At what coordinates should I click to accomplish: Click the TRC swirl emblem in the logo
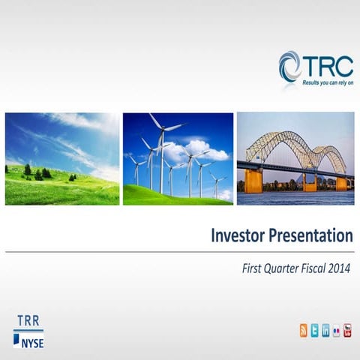[290, 65]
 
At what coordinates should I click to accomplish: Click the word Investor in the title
[240, 236]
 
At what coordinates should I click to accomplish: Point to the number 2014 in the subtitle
[337, 266]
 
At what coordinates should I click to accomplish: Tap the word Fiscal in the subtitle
[312, 266]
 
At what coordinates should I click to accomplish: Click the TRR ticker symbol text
[28, 321]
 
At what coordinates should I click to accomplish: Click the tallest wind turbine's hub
[161, 130]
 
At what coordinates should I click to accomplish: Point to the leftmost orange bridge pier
[253, 181]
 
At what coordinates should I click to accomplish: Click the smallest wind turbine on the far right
[217, 180]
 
